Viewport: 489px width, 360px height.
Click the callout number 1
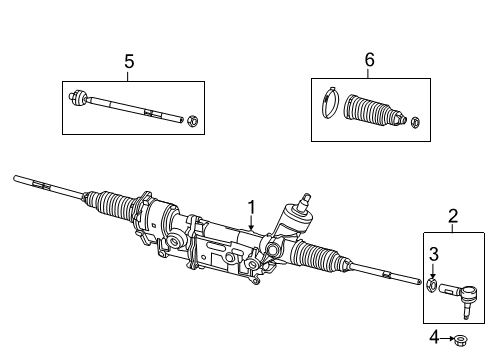[x=252, y=208]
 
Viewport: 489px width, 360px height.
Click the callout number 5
[x=128, y=62]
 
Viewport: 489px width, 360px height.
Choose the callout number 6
[x=369, y=61]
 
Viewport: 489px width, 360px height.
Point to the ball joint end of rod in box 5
[x=79, y=98]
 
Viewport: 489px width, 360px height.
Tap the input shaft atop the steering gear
[x=301, y=213]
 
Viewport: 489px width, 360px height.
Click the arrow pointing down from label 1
[x=252, y=229]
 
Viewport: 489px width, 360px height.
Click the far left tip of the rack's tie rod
[x=17, y=179]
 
